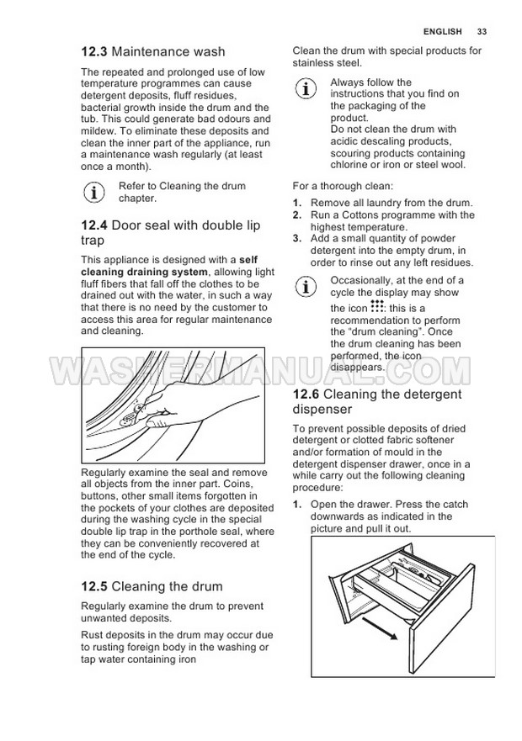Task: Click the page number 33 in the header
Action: [482, 32]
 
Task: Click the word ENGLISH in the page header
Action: [443, 32]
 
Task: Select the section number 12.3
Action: [93, 52]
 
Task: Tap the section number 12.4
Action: [93, 225]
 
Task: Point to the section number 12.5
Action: [93, 586]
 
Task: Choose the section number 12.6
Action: [306, 394]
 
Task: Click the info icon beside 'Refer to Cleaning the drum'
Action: [96, 192]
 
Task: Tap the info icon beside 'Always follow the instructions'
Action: [307, 88]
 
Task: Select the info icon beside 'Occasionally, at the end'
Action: [307, 286]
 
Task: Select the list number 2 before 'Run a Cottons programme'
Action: [297, 215]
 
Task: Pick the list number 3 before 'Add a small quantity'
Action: [297, 239]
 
